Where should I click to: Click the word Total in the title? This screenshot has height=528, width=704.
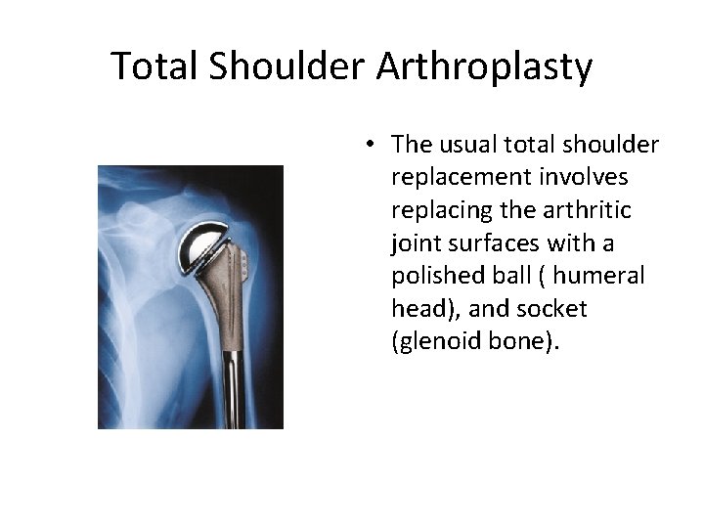154,66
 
